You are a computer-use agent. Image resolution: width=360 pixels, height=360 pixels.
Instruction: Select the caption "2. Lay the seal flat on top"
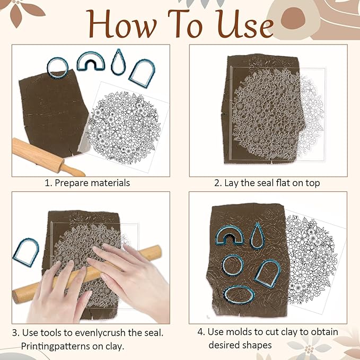(x=267, y=183)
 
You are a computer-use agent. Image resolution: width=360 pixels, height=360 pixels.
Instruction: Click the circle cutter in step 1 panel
(x=57, y=67)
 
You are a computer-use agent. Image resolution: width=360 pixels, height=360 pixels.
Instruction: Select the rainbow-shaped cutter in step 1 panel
(x=91, y=62)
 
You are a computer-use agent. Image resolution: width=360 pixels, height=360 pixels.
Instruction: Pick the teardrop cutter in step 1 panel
(x=119, y=62)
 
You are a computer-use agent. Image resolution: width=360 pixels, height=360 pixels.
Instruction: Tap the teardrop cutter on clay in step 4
(x=259, y=236)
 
